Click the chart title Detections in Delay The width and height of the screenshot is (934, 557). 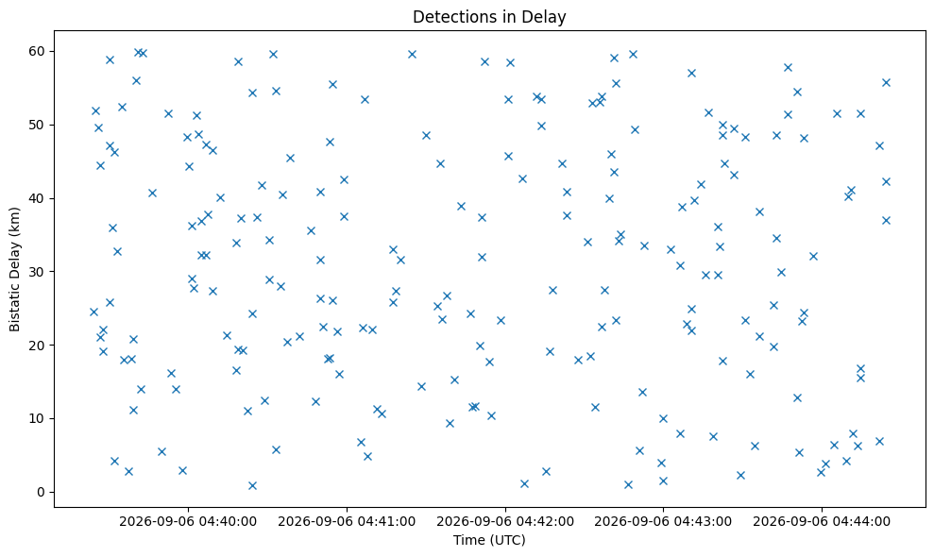click(x=489, y=17)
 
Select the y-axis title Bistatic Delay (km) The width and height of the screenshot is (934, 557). click(x=15, y=269)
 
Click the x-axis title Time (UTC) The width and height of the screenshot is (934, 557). click(x=489, y=540)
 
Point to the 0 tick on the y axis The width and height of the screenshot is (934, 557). click(x=42, y=492)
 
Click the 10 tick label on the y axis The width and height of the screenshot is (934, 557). click(x=37, y=419)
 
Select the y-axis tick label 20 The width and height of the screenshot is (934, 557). click(x=37, y=346)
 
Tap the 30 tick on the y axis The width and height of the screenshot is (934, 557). click(x=37, y=272)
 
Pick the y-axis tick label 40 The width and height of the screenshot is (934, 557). click(x=37, y=198)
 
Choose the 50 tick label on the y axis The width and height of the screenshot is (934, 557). click(x=37, y=126)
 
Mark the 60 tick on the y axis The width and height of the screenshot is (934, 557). click(x=37, y=51)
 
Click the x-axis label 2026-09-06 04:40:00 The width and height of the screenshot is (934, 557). click(x=188, y=522)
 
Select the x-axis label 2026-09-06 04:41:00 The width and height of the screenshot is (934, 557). click(x=347, y=522)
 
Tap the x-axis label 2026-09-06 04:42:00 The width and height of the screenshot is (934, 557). click(x=505, y=522)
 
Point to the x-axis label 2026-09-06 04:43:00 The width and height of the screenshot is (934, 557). click(x=663, y=522)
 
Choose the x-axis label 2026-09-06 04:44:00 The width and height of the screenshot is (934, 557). click(x=822, y=522)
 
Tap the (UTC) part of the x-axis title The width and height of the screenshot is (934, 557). click(x=507, y=540)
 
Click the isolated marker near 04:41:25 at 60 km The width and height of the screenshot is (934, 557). click(x=412, y=54)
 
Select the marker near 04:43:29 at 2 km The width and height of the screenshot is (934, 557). click(x=740, y=476)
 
